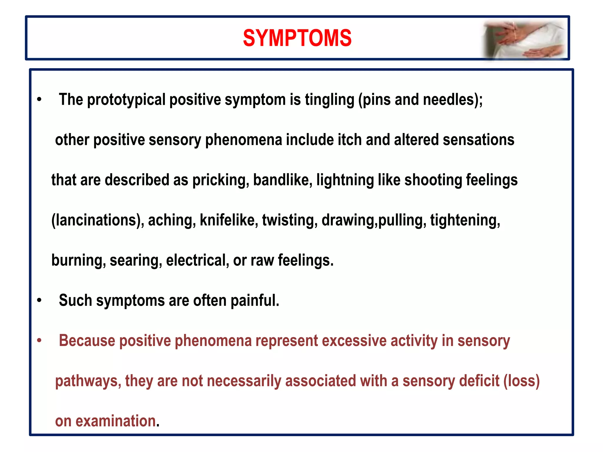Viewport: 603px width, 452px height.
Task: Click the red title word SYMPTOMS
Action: [x=297, y=38]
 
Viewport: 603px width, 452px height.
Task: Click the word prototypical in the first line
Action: [x=126, y=99]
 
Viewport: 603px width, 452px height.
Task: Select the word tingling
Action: [x=329, y=99]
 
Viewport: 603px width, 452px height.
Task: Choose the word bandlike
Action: [x=282, y=180]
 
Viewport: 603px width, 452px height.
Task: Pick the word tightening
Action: [x=465, y=220]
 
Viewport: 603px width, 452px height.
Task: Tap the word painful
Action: [x=255, y=300]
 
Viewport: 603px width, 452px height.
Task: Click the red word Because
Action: [x=87, y=340]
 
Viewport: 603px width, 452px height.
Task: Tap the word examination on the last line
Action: [x=116, y=421]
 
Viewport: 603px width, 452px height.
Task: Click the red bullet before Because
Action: [x=39, y=341]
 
